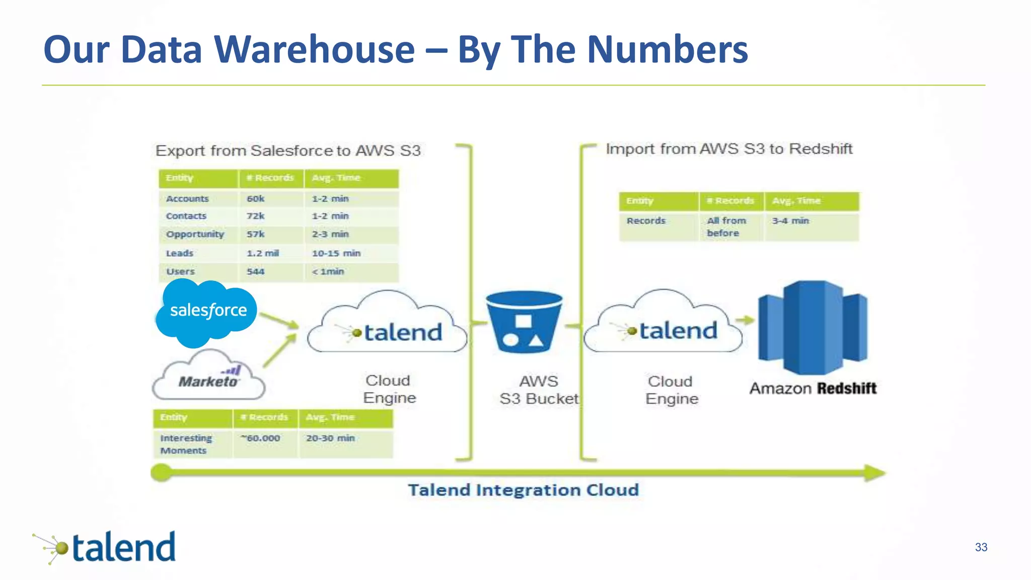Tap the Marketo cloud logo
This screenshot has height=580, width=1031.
point(208,377)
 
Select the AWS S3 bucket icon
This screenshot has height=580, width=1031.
point(524,322)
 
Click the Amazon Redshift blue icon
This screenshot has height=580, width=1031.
point(813,327)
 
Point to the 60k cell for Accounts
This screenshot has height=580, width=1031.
point(256,199)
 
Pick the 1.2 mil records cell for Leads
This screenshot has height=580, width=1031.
point(263,253)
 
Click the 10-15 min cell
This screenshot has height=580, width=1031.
point(336,253)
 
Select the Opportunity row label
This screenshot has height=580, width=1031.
point(195,235)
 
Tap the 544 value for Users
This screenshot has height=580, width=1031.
point(256,272)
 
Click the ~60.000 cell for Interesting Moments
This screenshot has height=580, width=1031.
point(261,439)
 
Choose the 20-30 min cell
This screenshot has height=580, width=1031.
point(330,439)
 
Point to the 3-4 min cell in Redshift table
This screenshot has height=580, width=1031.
point(790,221)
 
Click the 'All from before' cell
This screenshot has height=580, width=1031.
point(726,227)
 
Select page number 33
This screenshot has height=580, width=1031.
point(981,547)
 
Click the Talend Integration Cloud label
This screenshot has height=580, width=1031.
point(523,490)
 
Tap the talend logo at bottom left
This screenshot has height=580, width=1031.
point(106,548)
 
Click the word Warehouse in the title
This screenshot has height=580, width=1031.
point(314,50)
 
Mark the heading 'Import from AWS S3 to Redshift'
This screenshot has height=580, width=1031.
point(728,150)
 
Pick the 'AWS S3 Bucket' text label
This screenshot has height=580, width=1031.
point(539,390)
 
